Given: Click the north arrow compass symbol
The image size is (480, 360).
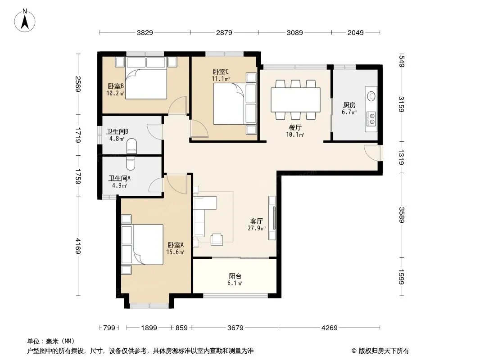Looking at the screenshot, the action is click(x=25, y=21).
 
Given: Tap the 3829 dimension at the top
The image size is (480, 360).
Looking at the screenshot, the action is click(x=145, y=32).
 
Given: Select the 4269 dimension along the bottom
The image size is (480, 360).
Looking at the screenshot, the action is click(x=330, y=328).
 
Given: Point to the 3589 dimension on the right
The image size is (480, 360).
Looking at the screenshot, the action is click(x=401, y=215).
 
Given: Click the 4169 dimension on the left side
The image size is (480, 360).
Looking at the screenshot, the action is click(x=78, y=246).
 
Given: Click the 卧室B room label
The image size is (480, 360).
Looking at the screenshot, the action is click(x=116, y=86).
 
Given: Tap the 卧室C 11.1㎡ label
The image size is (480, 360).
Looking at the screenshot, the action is click(x=221, y=75).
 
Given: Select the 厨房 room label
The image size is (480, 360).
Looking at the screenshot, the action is click(x=349, y=105).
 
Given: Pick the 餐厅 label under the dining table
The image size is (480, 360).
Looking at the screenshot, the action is click(x=295, y=127).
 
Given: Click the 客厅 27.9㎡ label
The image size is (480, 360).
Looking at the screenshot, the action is click(x=257, y=225).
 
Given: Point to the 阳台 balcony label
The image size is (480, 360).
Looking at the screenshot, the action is click(x=235, y=276).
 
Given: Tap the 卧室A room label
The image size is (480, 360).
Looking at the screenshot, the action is click(x=176, y=245).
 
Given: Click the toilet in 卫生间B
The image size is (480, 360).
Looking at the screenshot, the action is click(x=131, y=146).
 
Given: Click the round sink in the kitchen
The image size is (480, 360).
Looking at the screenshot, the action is click(x=371, y=96).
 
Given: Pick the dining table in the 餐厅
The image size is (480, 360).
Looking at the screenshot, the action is click(x=296, y=100).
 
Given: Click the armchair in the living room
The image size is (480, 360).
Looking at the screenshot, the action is click(x=217, y=239).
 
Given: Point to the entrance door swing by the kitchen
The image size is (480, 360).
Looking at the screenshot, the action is click(x=372, y=153).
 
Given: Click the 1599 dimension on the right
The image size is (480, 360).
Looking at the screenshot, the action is click(x=401, y=277).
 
